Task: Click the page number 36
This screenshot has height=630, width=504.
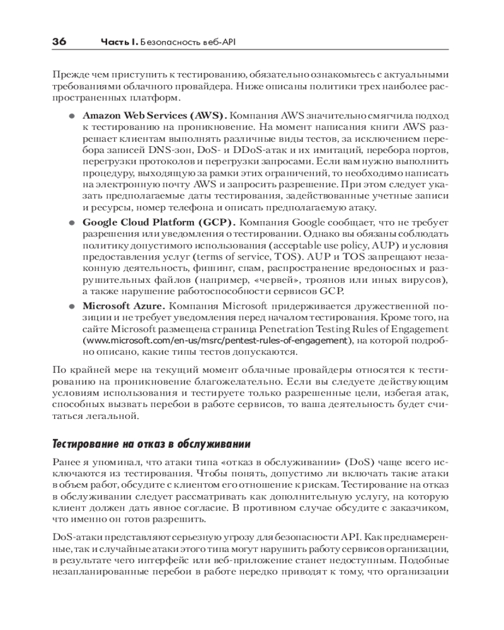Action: pyautogui.click(x=60, y=42)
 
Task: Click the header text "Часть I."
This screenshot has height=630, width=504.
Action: pyautogui.click(x=119, y=43)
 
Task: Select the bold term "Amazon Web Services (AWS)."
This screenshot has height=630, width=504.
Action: pyautogui.click(x=154, y=117)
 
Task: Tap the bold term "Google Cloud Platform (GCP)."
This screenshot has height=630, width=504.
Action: pyautogui.click(x=159, y=222)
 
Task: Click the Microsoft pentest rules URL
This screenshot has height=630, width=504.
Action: pyautogui.click(x=217, y=341)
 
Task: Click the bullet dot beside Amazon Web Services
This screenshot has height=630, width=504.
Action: pyautogui.click(x=72, y=117)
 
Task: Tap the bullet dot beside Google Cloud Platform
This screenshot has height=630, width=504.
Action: pyautogui.click(x=72, y=222)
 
